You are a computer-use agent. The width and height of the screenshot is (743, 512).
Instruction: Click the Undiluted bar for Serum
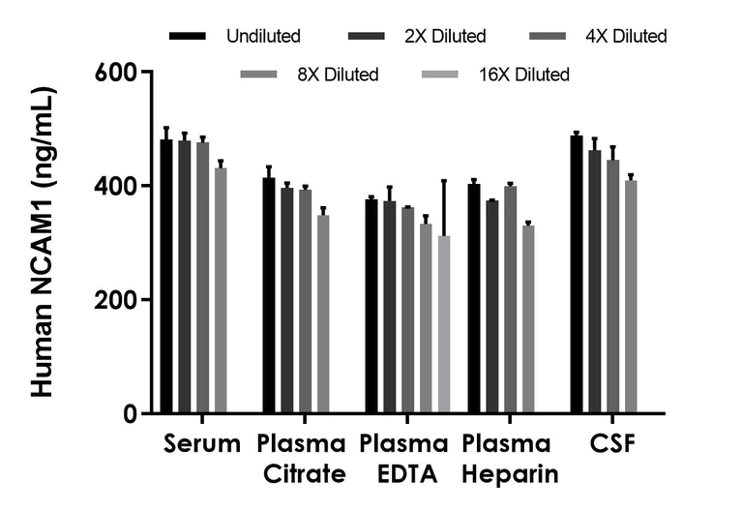coord(166,277)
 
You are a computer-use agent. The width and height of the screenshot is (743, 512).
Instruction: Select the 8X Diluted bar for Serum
coord(221,290)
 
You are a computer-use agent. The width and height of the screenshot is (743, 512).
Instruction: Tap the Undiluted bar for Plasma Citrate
coord(269,295)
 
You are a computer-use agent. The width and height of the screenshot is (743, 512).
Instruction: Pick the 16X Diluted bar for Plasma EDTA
coord(444,324)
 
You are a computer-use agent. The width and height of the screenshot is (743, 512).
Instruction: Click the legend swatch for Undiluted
coord(188,37)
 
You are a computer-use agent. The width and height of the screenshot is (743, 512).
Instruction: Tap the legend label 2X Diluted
coord(446,37)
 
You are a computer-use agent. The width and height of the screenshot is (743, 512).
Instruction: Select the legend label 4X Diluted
coord(627,37)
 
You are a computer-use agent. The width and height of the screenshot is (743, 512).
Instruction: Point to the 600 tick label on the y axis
coord(115,73)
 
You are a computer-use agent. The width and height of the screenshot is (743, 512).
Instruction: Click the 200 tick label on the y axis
coord(115,300)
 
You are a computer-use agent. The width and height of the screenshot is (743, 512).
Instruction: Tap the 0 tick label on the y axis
coord(129,414)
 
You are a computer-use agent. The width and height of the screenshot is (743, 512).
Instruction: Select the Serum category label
coord(201,444)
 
